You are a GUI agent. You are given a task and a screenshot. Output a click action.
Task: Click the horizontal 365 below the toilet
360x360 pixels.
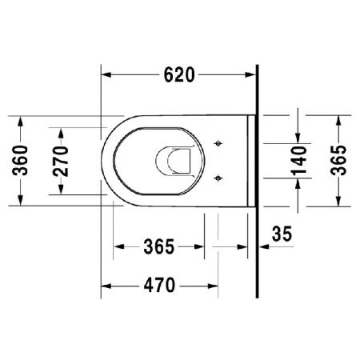tap(159, 247)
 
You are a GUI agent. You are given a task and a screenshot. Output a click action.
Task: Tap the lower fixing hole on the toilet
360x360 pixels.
tap(219, 177)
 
